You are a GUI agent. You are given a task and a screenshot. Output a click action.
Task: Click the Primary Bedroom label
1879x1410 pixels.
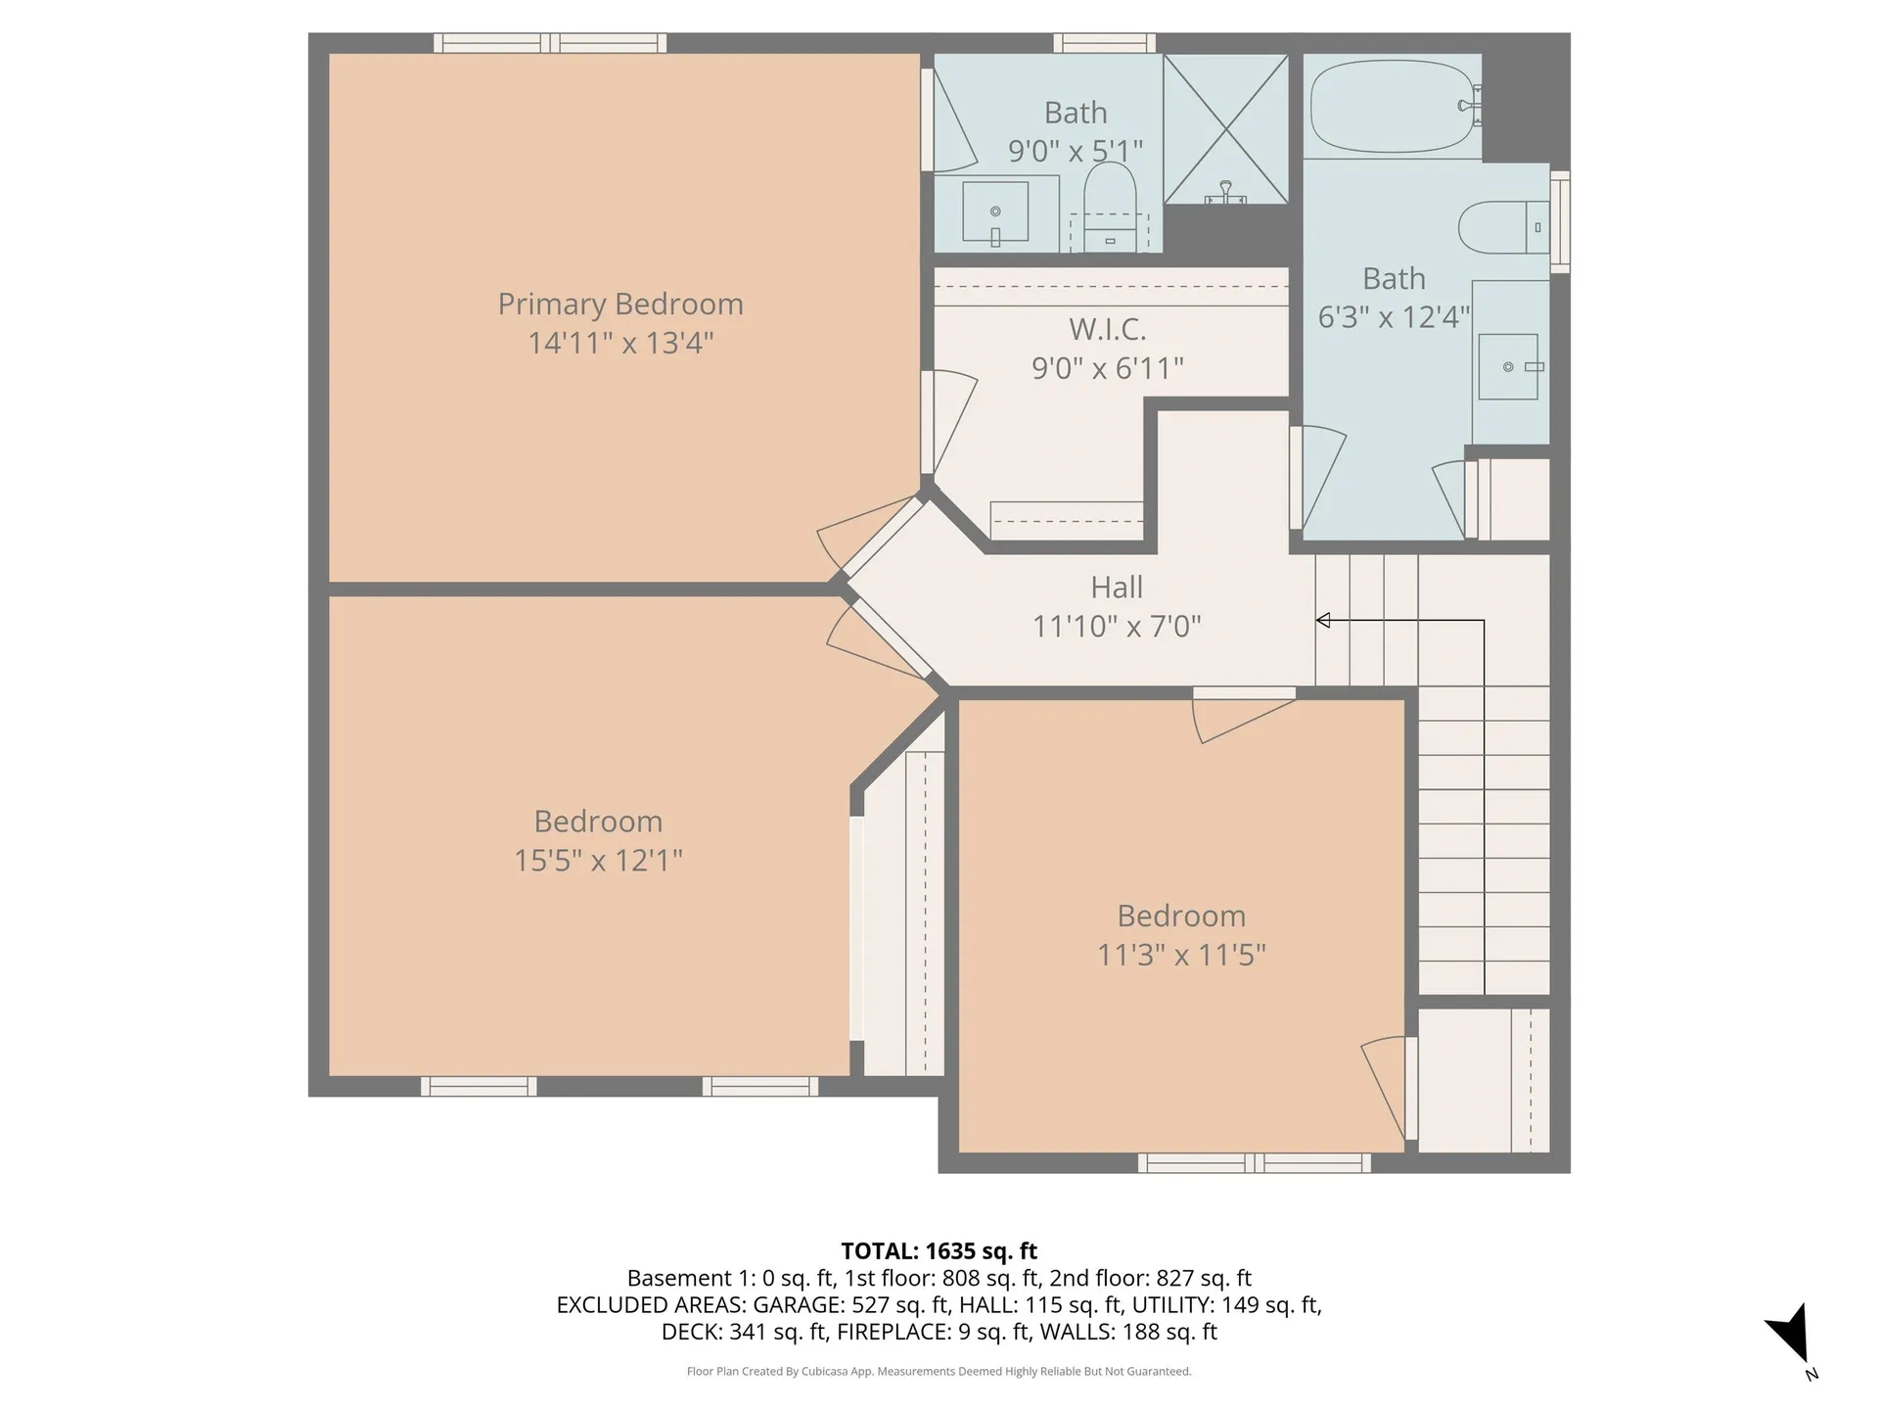click(x=620, y=304)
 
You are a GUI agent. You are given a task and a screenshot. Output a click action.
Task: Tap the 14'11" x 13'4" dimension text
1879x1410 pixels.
click(x=620, y=343)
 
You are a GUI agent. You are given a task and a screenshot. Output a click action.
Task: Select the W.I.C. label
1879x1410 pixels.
click(x=1107, y=329)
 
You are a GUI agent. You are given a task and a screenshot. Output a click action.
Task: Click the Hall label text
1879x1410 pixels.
click(x=1117, y=587)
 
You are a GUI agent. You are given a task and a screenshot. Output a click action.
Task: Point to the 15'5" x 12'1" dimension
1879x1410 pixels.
click(x=598, y=860)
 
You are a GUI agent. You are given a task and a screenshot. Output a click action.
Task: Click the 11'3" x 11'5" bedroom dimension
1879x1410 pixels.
click(x=1181, y=955)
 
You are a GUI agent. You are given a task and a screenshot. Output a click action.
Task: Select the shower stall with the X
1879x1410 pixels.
click(x=1225, y=129)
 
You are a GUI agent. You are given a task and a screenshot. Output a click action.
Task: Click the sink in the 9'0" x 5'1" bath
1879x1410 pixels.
click(x=995, y=211)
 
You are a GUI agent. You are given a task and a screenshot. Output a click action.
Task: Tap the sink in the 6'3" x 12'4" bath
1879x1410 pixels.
click(x=1508, y=366)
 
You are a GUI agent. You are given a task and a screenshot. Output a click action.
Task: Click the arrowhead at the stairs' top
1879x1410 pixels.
click(x=1323, y=620)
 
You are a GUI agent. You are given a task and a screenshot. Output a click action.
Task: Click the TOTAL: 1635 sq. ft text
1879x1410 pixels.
click(x=939, y=1250)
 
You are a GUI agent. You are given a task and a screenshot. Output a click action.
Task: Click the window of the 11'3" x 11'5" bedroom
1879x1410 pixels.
click(x=1254, y=1162)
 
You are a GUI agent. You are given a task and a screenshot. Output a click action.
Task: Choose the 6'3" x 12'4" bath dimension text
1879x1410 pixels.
click(x=1394, y=317)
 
